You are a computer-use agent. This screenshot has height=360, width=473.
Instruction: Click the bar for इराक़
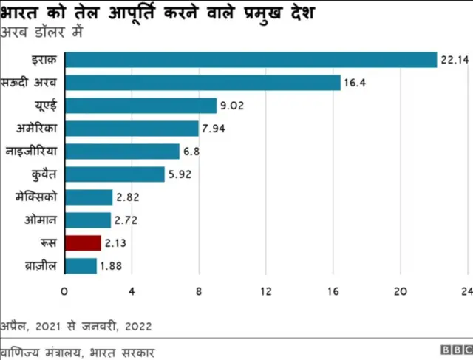tap(251, 60)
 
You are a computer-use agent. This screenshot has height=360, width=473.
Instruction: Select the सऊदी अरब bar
tap(203, 83)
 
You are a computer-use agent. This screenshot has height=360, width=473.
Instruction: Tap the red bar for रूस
tap(83, 243)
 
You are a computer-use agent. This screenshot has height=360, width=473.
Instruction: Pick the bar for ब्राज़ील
tap(81, 266)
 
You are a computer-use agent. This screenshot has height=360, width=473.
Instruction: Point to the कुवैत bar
tap(115, 174)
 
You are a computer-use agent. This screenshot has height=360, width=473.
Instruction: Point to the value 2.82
tap(127, 197)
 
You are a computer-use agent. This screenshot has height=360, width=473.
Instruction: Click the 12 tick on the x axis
tap(266, 291)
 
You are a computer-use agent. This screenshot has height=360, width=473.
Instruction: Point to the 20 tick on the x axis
tap(400, 291)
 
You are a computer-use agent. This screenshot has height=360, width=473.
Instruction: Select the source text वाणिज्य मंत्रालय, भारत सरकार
tap(78, 350)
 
